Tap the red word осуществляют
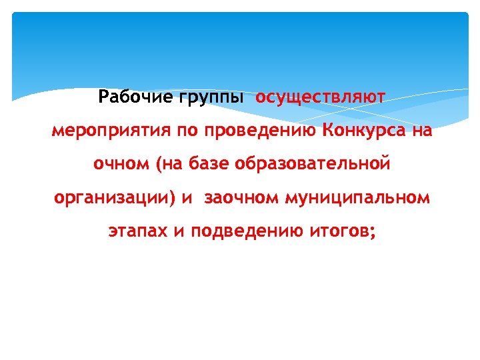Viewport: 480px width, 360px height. [x=321, y=98]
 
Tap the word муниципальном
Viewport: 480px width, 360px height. [x=357, y=198]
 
